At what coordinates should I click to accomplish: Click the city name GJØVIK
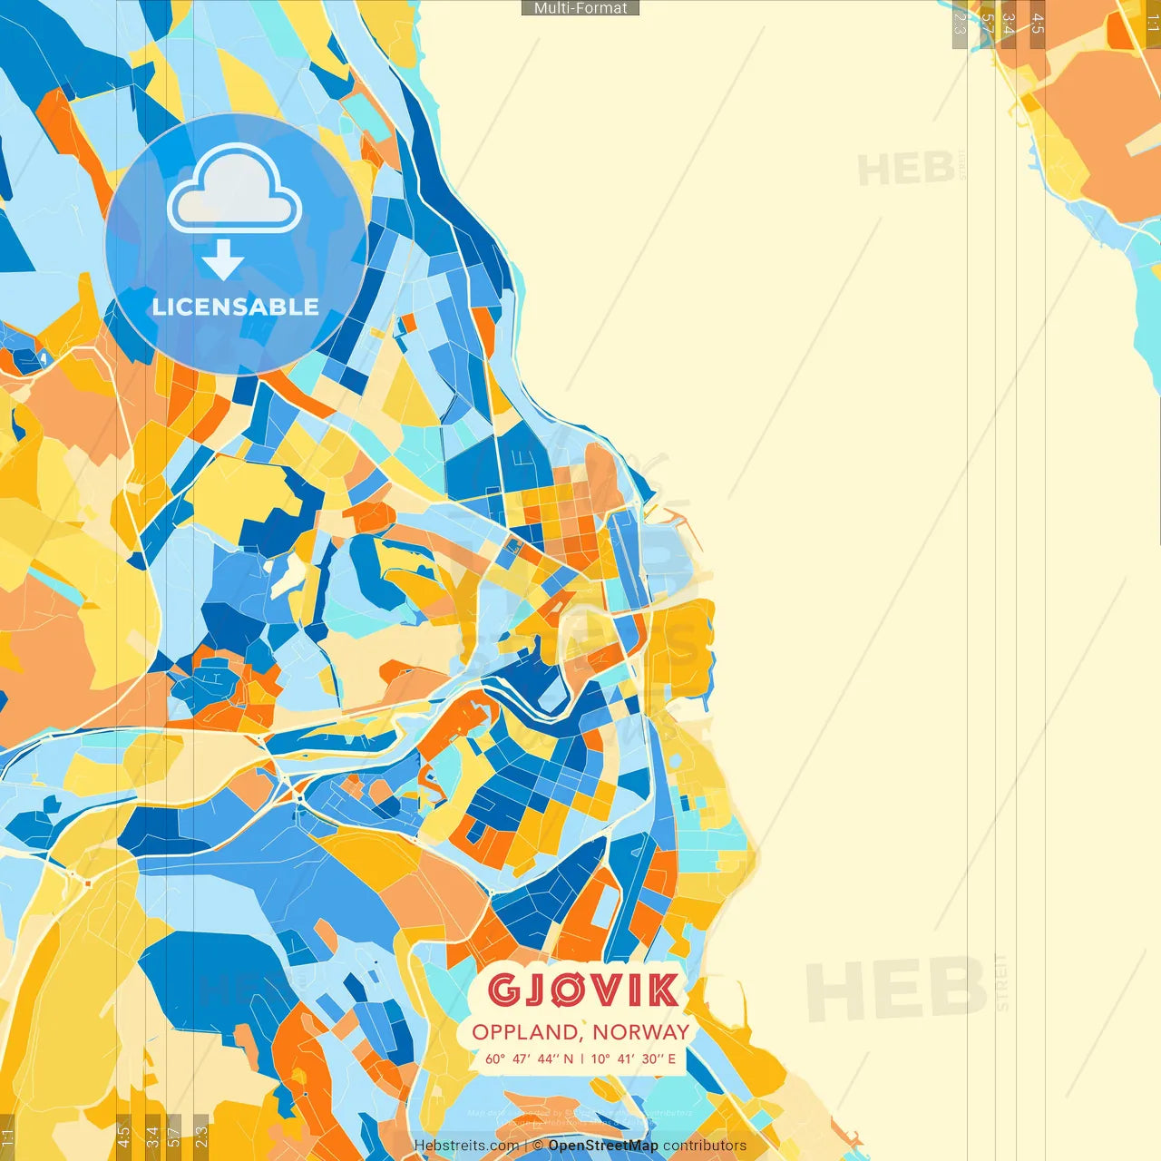[x=582, y=990]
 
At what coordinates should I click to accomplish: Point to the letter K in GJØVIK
[x=661, y=990]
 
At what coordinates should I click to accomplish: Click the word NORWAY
[x=641, y=1032]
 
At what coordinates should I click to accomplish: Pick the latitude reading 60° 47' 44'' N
[x=530, y=1059]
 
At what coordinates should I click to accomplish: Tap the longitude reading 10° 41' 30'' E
[x=633, y=1059]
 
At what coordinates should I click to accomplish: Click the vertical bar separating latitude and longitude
[x=582, y=1059]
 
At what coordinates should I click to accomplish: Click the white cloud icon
[x=234, y=190]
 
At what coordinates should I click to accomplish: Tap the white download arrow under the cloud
[x=223, y=261]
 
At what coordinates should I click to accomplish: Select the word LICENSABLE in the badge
[x=236, y=307]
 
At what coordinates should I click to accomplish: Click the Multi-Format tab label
[x=580, y=8]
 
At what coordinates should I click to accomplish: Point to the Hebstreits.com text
[x=466, y=1146]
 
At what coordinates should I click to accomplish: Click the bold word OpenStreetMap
[x=603, y=1146]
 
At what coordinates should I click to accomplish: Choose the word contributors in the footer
[x=705, y=1146]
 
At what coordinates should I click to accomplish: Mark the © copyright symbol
[x=538, y=1146]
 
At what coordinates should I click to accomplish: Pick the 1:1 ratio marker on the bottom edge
[x=7, y=1137]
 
